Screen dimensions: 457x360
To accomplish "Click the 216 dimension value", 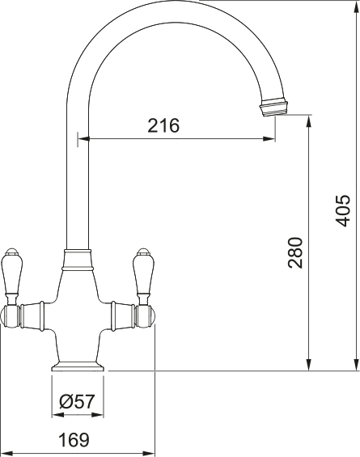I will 163,125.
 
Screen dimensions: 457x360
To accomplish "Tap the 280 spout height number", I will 294,252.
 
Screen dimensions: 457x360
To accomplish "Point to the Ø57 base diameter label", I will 78,401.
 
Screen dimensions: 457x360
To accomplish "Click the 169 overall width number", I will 73,440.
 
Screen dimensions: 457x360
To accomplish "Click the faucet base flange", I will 78,366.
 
